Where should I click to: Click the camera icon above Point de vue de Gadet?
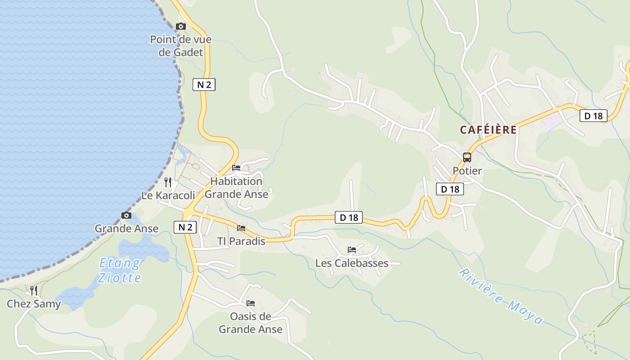pos(181,27)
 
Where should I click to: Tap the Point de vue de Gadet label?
pos(181,46)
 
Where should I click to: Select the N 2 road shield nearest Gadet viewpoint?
pos(204,84)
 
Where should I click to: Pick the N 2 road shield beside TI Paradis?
pos(185,227)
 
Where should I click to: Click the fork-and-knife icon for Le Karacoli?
pos(168,182)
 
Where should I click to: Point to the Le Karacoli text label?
pos(168,196)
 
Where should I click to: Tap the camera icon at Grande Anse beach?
pos(126,216)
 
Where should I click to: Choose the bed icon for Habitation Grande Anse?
pos(236,168)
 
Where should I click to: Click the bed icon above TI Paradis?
pos(241,228)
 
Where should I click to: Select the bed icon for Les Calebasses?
pos(352,249)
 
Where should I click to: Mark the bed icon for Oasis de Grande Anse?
pos(251,303)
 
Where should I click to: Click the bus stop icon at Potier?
pos(467,157)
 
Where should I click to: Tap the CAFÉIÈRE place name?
pos(488,130)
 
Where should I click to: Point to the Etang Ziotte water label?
pos(120,270)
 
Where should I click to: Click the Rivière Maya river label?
pos(501,297)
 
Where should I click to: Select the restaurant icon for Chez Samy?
pos(34,290)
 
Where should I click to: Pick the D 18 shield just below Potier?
pos(450,189)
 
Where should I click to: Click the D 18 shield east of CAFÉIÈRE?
pos(593,116)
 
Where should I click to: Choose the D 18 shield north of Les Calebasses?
pos(349,217)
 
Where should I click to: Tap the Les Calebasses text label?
pos(352,263)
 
